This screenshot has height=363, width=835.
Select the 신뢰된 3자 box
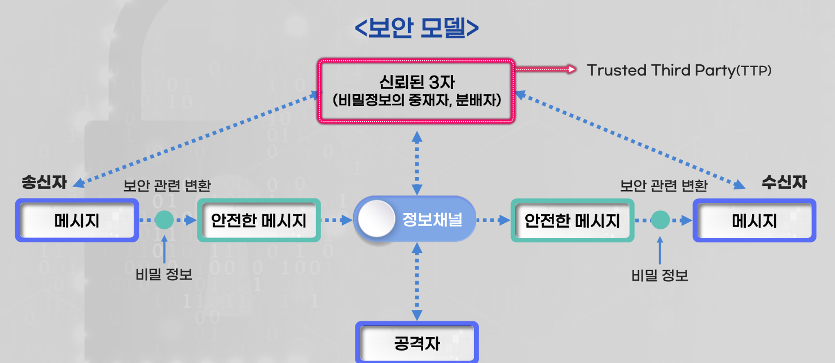(416, 91)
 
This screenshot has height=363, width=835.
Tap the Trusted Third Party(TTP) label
(679, 70)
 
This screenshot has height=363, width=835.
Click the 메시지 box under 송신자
(77, 220)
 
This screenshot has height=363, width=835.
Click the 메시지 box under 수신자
(754, 220)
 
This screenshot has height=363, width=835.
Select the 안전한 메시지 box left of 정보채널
(259, 220)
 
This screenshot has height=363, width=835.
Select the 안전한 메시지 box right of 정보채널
(572, 220)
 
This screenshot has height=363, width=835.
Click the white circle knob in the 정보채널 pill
(377, 220)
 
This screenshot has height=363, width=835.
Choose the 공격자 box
(417, 343)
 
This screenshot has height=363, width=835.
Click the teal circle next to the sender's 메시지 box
(164, 220)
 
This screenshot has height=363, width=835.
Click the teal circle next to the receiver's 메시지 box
(660, 220)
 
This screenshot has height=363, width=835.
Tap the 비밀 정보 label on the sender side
(164, 275)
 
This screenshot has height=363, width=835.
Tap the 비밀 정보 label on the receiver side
(660, 276)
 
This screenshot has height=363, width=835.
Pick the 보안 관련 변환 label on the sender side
(167, 185)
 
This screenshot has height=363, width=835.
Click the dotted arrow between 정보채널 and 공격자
(417, 282)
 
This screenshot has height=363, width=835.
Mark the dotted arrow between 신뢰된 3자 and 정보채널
(417, 161)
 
